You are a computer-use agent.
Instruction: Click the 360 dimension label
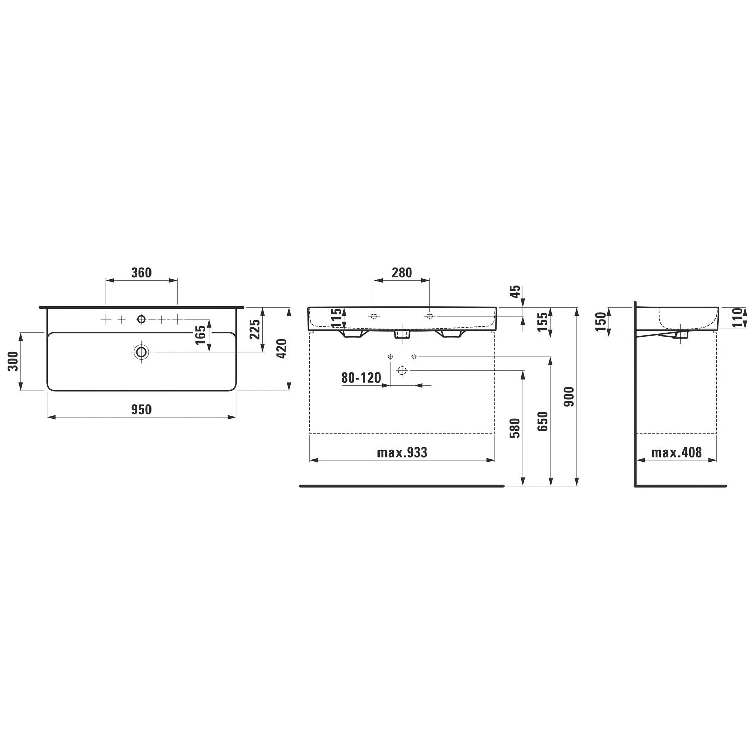point(141,273)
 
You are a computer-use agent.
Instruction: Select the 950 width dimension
point(141,410)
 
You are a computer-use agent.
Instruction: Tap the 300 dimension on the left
point(13,361)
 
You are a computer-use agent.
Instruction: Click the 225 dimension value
point(256,329)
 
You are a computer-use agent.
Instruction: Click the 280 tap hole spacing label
point(402,273)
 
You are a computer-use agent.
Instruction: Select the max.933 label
point(402,452)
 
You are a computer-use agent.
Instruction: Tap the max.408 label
point(676,452)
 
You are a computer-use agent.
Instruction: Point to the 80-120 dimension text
point(361,377)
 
